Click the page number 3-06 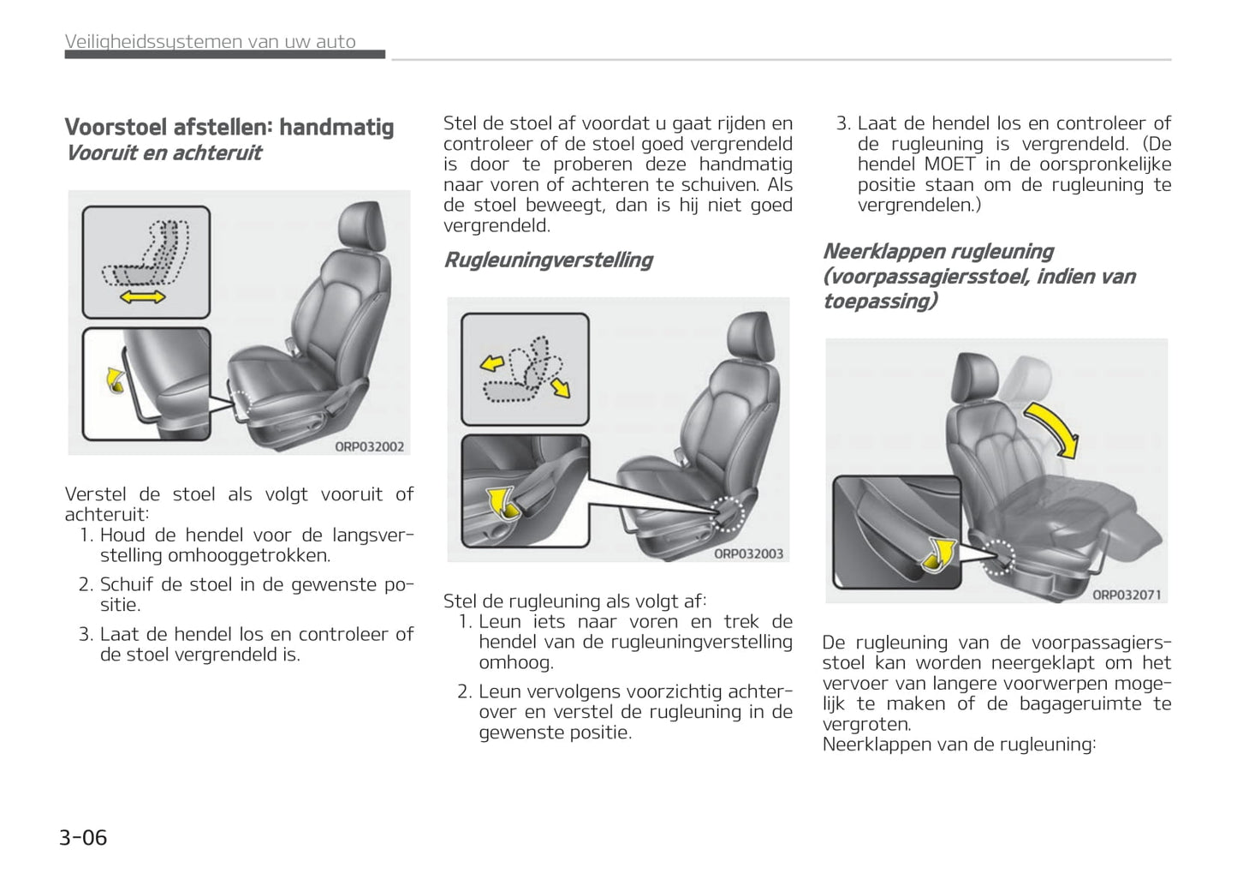pyautogui.click(x=83, y=837)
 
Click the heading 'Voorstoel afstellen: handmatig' pyautogui.click(x=229, y=128)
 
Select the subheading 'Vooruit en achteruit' pyautogui.click(x=164, y=153)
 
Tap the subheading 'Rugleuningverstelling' pyautogui.click(x=548, y=260)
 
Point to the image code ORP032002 pyautogui.click(x=369, y=446)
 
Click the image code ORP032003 pyautogui.click(x=748, y=553)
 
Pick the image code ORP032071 pyautogui.click(x=1127, y=595)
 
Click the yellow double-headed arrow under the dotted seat pyautogui.click(x=142, y=297)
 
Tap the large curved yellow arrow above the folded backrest pyautogui.click(x=1054, y=428)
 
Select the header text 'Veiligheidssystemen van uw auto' pyautogui.click(x=211, y=41)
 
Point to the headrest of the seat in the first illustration pyautogui.click(x=364, y=224)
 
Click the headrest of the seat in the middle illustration pyautogui.click(x=752, y=333)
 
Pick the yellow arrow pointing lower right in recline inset pyautogui.click(x=561, y=388)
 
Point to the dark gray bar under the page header pyautogui.click(x=224, y=55)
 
